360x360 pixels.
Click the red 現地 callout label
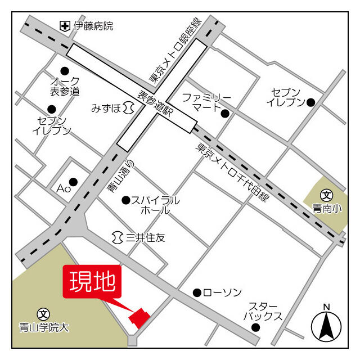tap(92, 281)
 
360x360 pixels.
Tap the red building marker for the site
tap(139, 317)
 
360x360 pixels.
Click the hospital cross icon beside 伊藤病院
tap(65, 26)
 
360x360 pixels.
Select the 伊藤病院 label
tap(93, 26)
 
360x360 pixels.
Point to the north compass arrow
tap(326, 326)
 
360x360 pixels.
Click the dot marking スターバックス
tap(256, 327)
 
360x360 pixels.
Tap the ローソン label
tap(222, 292)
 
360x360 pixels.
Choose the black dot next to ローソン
tap(197, 292)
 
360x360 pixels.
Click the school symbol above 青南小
tap(326, 196)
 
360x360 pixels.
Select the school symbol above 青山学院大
tap(43, 313)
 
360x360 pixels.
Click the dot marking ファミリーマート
tap(225, 114)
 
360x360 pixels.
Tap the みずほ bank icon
tap(129, 107)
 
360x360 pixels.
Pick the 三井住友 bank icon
tap(118, 238)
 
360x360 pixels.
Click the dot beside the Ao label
tap(73, 181)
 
